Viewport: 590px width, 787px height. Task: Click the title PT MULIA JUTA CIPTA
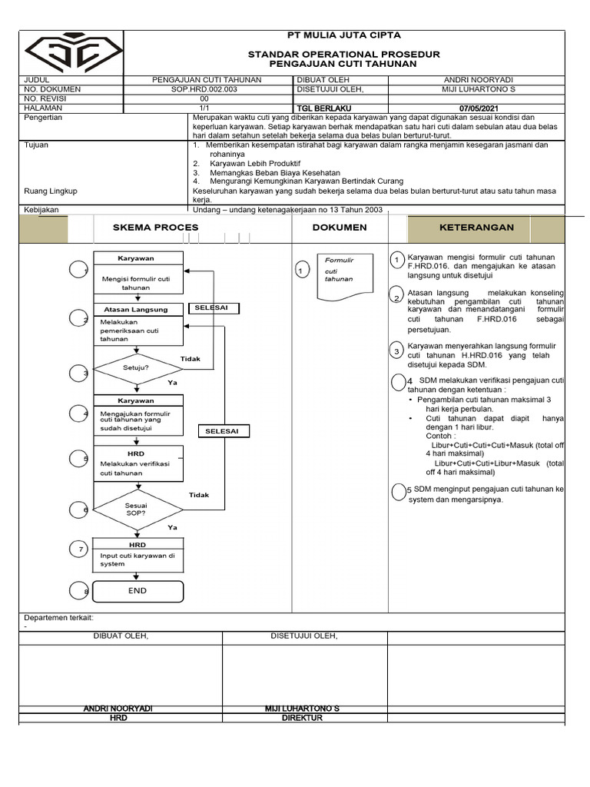[343, 35]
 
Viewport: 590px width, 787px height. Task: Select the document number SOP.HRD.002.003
[204, 89]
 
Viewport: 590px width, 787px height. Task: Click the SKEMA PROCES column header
[155, 227]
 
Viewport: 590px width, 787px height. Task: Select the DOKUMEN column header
[340, 227]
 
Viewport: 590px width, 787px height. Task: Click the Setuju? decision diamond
[137, 368]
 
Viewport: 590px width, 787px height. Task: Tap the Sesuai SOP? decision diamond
[137, 509]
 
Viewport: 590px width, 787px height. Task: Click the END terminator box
[138, 591]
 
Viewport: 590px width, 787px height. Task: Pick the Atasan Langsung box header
[136, 310]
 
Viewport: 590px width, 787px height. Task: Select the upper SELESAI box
[211, 308]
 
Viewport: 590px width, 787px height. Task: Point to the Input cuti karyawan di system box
[138, 560]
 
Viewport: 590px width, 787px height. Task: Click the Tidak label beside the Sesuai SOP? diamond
[199, 496]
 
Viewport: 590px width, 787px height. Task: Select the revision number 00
[204, 99]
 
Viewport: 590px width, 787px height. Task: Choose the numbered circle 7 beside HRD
[80, 549]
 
